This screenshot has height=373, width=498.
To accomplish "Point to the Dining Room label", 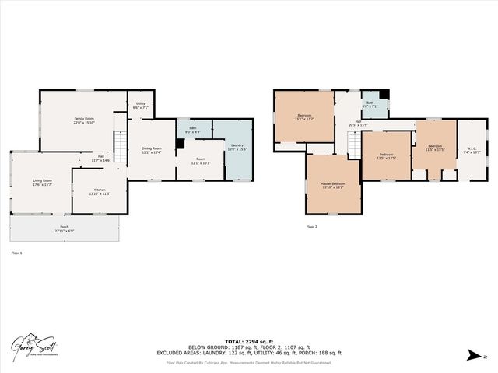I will [x=151, y=150].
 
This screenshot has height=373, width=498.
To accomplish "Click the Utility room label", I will [x=140, y=105].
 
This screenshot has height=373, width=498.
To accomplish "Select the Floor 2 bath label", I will [x=369, y=104].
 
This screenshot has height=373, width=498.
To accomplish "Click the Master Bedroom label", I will [x=334, y=186].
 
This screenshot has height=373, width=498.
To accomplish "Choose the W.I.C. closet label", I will [x=470, y=150].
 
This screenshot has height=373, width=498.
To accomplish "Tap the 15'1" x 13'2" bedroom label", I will [x=303, y=118].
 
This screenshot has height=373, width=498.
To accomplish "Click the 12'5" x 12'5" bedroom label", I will [x=387, y=156].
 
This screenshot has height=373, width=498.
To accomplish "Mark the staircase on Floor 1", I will [x=121, y=145].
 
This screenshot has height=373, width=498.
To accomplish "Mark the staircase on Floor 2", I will [x=353, y=145].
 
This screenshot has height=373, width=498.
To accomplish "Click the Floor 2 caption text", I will [x=311, y=227].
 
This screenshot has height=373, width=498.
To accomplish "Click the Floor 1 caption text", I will [x=16, y=253].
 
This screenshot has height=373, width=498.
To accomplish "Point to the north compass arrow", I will [x=472, y=355].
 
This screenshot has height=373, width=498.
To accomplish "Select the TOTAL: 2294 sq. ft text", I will [x=249, y=340].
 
